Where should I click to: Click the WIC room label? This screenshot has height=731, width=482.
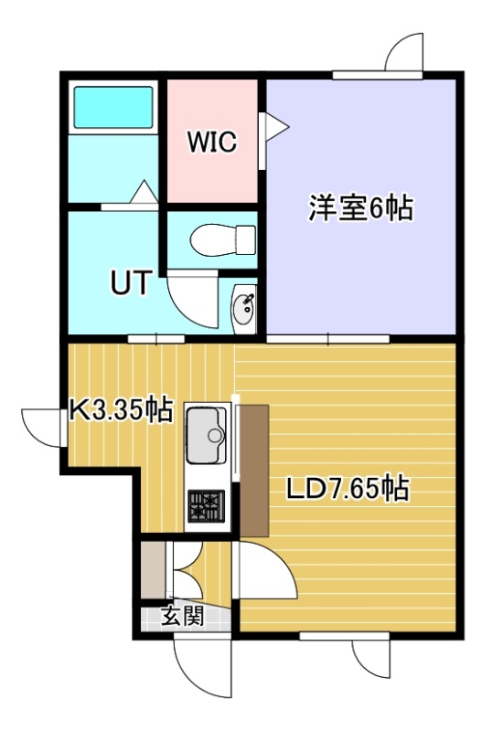pos(212,142)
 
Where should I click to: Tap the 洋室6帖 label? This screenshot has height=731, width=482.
pos(360,208)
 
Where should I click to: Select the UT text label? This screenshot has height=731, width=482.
pos(131,282)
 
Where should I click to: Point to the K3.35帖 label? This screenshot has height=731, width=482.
pos(122,410)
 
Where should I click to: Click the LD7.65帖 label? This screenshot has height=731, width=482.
pos(348,488)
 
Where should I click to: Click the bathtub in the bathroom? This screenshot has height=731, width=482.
pos(113,107)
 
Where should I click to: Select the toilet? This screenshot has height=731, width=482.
pos(223,239)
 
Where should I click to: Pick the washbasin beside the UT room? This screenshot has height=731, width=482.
pos(243,309)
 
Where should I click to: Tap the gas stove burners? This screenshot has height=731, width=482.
pos(206,506)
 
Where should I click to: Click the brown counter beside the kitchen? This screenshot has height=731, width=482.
pos(254,471)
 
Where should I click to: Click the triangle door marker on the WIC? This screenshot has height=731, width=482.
pos(274,126)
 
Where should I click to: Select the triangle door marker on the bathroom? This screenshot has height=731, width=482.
pos(144,192)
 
